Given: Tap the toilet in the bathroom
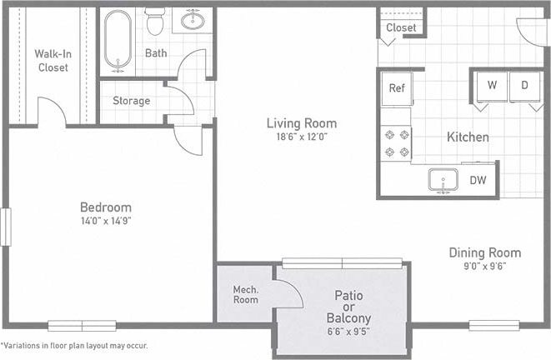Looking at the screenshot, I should click(x=154, y=22).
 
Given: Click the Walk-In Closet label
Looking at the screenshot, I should click(x=53, y=61).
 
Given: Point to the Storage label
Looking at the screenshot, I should click(x=132, y=101).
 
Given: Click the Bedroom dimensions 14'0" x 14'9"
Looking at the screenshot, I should click(x=105, y=222).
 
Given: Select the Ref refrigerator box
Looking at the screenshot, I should click(x=396, y=87).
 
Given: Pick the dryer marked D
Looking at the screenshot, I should click(x=525, y=85).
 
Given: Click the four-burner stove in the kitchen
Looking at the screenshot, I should click(x=396, y=142).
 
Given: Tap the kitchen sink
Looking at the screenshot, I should click(x=443, y=179).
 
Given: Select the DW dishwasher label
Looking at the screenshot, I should click(x=478, y=179).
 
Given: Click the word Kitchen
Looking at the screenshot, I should click(x=468, y=137).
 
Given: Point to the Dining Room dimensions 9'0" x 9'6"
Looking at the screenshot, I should click(x=484, y=267).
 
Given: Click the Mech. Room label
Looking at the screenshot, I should click(x=245, y=295).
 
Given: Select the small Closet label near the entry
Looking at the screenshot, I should click(x=401, y=27).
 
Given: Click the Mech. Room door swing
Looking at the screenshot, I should click(x=288, y=292).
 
